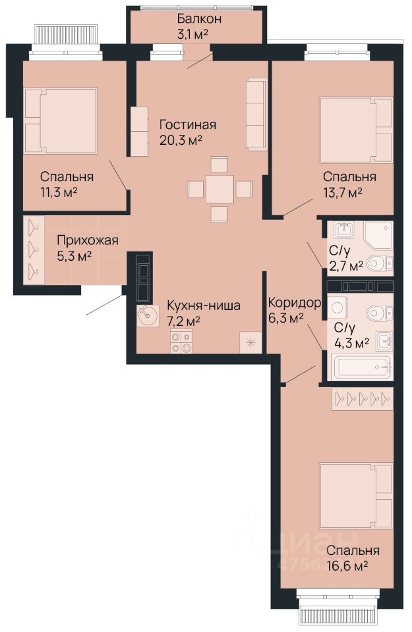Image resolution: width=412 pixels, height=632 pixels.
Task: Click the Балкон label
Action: [x=199, y=19]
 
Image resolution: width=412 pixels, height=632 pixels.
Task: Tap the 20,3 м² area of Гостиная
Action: [x=181, y=140]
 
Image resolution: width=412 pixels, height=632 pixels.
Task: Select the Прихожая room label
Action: [x=88, y=240]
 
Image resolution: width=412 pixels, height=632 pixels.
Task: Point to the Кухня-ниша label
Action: [x=204, y=305]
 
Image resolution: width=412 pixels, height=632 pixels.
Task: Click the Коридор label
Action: [x=295, y=302]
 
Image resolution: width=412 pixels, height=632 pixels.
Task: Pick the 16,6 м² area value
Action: [x=347, y=566]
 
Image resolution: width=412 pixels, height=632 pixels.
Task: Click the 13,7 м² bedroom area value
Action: [x=342, y=192]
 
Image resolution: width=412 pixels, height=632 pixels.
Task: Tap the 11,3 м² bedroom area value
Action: [x=59, y=192]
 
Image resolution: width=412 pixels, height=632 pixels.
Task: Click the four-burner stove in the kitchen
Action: [x=181, y=342]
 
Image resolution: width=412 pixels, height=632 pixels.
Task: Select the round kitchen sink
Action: [x=145, y=315]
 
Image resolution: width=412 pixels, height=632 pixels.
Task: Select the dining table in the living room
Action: [x=220, y=189]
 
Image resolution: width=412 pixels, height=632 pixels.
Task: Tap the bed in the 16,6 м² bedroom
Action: [x=355, y=496]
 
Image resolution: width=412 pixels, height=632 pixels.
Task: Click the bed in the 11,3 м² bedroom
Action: [x=61, y=121]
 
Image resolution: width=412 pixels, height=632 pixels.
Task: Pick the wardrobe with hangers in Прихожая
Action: [x=34, y=250]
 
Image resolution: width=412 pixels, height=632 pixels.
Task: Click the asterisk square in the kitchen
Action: [x=250, y=342]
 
